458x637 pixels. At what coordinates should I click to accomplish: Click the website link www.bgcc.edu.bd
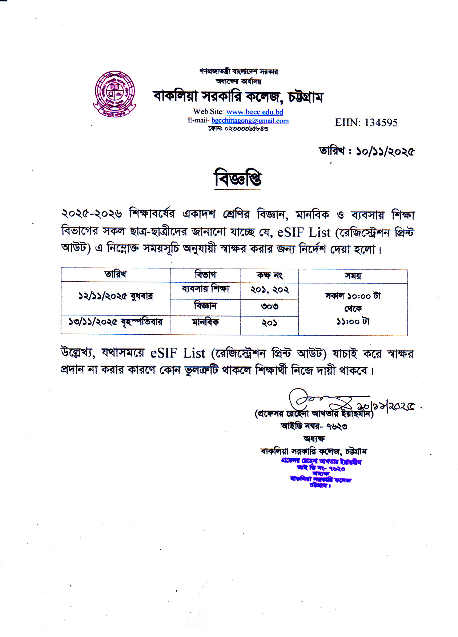(x=254, y=112)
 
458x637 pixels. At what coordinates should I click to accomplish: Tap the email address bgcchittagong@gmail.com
(x=250, y=121)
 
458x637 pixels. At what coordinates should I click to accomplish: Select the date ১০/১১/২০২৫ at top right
(x=385, y=151)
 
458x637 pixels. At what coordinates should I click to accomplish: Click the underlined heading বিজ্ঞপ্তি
(x=238, y=178)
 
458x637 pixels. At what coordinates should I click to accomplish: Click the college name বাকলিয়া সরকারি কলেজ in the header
(x=238, y=97)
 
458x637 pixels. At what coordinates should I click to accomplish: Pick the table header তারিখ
(x=116, y=274)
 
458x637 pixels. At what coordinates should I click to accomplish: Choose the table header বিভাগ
(x=205, y=275)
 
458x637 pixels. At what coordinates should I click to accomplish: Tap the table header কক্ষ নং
(x=270, y=275)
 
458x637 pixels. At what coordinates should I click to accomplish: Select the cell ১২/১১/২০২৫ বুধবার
(x=116, y=296)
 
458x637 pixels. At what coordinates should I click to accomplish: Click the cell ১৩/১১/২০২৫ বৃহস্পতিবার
(x=116, y=322)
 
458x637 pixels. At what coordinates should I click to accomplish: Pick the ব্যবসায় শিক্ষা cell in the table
(x=205, y=289)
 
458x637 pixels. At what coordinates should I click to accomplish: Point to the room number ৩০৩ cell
(x=270, y=307)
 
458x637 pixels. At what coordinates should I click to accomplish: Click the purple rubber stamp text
(x=321, y=473)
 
